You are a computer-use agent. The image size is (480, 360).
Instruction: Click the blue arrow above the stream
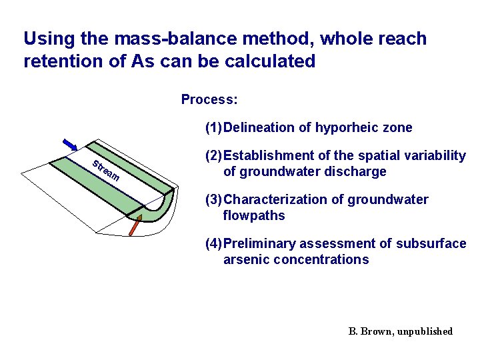[x=71, y=145]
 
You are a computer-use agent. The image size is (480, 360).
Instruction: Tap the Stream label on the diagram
[x=106, y=171]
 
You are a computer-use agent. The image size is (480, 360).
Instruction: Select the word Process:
[x=209, y=100]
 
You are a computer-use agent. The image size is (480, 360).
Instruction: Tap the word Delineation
[x=261, y=127]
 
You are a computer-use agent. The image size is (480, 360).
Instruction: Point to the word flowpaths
[x=254, y=215]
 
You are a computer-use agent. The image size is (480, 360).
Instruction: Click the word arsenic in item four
[x=244, y=259]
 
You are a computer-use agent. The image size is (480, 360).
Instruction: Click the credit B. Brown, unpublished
[x=400, y=331]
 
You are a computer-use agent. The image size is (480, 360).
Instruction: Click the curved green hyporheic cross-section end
[x=159, y=211]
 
